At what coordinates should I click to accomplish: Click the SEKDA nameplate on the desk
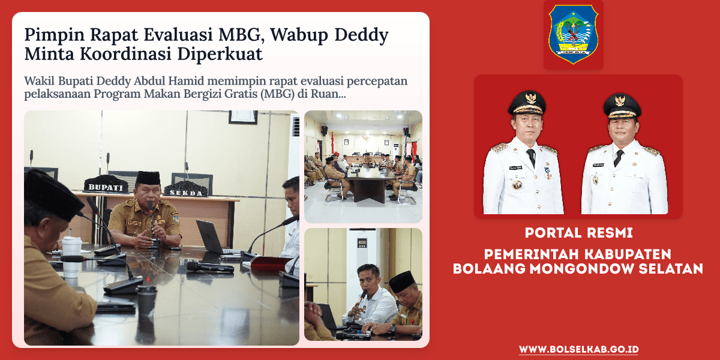(x=185, y=191)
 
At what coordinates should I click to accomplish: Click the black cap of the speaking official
(x=148, y=178)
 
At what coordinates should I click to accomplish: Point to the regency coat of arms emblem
(x=573, y=34)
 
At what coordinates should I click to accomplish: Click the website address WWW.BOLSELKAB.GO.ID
(x=578, y=349)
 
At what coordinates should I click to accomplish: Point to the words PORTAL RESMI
(x=578, y=232)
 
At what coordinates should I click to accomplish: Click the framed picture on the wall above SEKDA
(x=242, y=117)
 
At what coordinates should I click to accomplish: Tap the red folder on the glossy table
(x=270, y=263)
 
